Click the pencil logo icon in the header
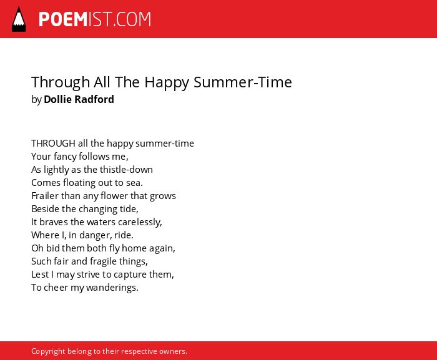(19, 19)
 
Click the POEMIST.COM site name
(95, 19)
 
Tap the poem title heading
(162, 82)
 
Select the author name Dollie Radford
(79, 99)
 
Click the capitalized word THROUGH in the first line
(53, 144)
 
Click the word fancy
(65, 157)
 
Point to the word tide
(129, 209)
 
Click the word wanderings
(112, 288)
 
